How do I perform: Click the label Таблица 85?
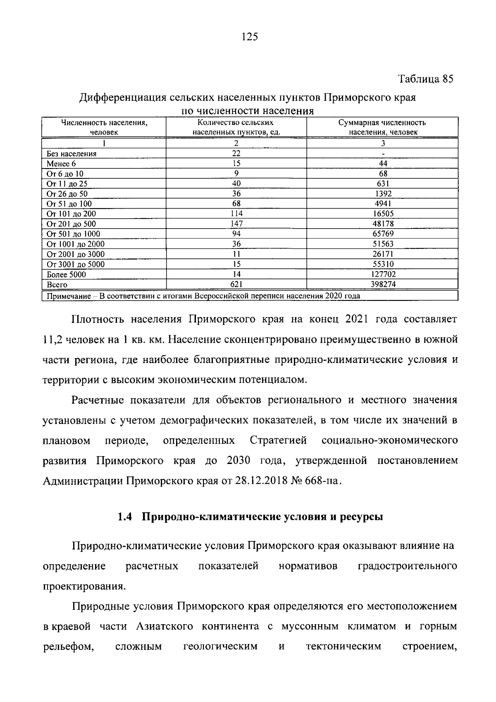(x=426, y=79)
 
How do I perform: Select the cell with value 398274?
(x=383, y=284)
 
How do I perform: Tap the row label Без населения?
(x=72, y=154)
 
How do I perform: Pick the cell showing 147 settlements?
(x=236, y=224)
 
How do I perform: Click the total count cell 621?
(x=236, y=284)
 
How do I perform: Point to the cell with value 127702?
(x=383, y=274)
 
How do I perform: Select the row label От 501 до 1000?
(x=73, y=234)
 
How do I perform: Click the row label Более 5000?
(x=67, y=274)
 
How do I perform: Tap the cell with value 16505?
(x=383, y=214)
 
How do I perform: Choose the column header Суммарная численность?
(x=382, y=123)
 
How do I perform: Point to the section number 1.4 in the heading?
(x=124, y=517)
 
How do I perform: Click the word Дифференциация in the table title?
(x=123, y=99)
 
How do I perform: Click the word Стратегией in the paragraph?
(x=278, y=440)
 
